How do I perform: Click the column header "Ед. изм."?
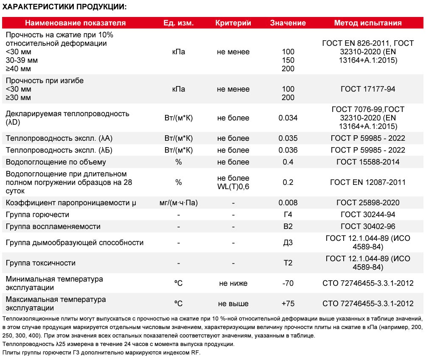pyautogui.click(x=178, y=23)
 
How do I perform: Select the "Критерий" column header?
pyautogui.click(x=233, y=23)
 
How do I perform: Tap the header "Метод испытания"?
pyautogui.click(x=368, y=23)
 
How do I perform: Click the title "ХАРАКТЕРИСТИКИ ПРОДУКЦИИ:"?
pyautogui.click(x=64, y=7)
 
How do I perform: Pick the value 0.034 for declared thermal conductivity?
pyautogui.click(x=288, y=118)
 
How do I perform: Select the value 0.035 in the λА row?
pyautogui.click(x=288, y=138)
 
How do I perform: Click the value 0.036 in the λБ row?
pyautogui.click(x=288, y=150)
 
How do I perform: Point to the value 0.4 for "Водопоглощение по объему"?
pyautogui.click(x=288, y=162)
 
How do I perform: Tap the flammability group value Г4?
pyautogui.click(x=288, y=215)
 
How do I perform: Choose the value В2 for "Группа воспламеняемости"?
pyautogui.click(x=288, y=226)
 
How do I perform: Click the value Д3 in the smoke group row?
pyautogui.click(x=288, y=243)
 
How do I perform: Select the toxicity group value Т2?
pyautogui.click(x=288, y=263)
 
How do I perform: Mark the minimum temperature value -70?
pyautogui.click(x=288, y=283)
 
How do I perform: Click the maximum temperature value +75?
pyautogui.click(x=288, y=304)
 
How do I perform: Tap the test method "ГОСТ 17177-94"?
pyautogui.click(x=368, y=89)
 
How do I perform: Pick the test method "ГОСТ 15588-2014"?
pyautogui.click(x=368, y=162)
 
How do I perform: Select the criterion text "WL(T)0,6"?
pyautogui.click(x=233, y=186)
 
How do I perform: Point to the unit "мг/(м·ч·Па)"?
pyautogui.click(x=178, y=203)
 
